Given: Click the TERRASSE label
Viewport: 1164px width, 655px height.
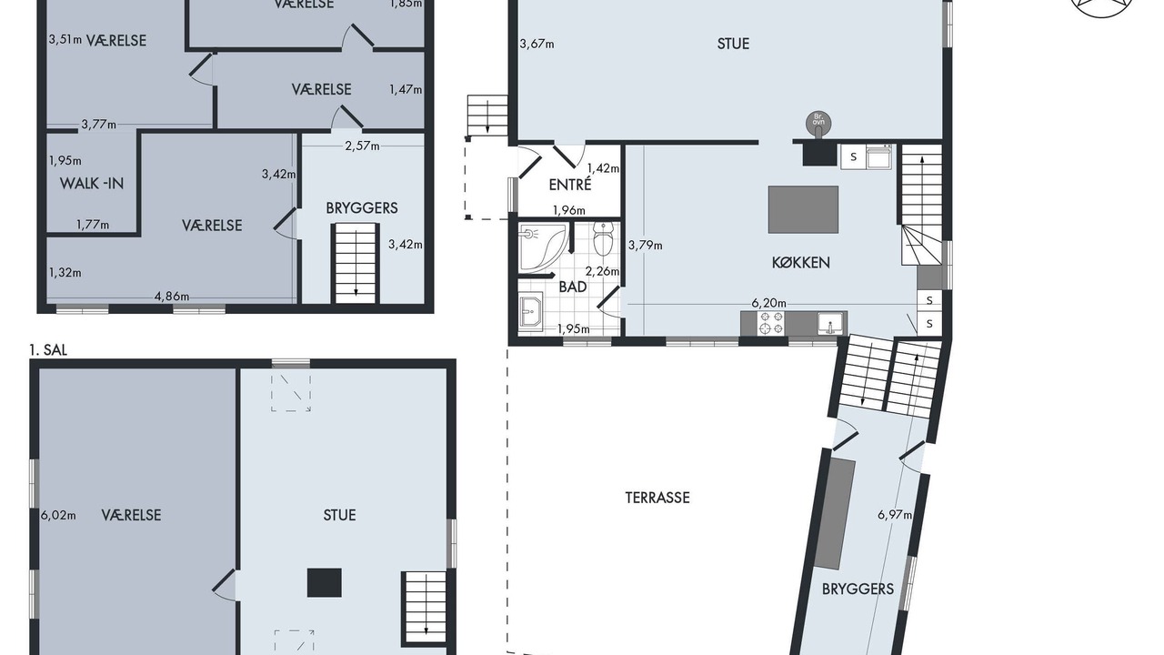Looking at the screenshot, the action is [657, 498].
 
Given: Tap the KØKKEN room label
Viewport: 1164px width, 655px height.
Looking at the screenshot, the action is [801, 263].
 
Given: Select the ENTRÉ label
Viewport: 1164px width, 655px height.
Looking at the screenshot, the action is [570, 185].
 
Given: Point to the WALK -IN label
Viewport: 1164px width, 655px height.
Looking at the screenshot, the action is [92, 183].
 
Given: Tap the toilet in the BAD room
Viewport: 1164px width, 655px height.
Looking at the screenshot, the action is [603, 239].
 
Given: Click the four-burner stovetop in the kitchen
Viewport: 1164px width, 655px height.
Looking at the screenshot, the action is [771, 322].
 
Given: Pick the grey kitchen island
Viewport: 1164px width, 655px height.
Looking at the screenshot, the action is [803, 209].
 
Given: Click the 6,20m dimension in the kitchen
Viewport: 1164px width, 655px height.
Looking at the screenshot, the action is [768, 303].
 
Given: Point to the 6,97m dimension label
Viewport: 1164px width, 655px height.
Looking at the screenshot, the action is [895, 515].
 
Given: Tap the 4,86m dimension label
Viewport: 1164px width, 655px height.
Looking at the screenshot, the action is [172, 297].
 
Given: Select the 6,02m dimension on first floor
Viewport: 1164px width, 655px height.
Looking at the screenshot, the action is [58, 515].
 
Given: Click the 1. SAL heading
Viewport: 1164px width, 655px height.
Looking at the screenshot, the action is [48, 350].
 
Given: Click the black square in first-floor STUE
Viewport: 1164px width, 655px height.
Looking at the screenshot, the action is [325, 583].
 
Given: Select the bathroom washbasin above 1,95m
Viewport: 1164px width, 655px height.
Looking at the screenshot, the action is [530, 311].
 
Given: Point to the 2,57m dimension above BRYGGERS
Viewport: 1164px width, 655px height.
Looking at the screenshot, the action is [362, 146].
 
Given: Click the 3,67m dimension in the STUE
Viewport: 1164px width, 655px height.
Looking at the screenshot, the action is [537, 44].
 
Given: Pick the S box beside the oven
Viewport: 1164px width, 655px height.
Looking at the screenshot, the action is [853, 157].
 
